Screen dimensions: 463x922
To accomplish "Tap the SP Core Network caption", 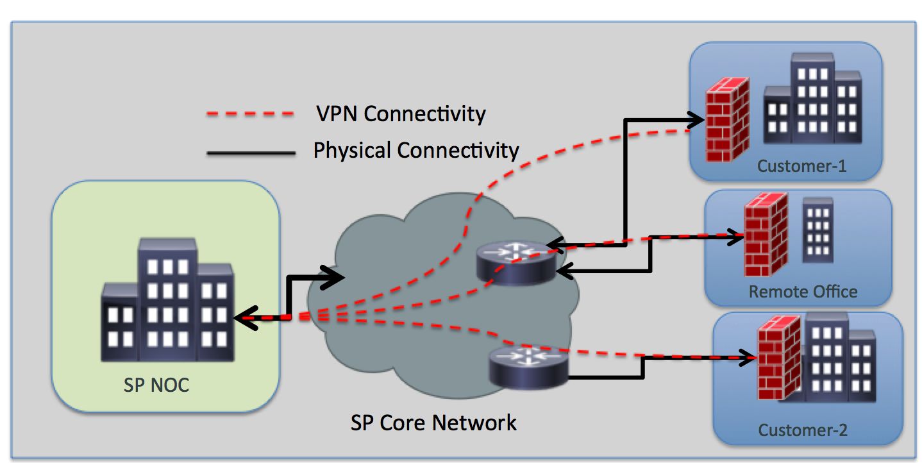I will [433, 423].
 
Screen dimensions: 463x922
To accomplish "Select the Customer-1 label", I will [801, 166].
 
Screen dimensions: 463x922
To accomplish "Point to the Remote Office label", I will [803, 292].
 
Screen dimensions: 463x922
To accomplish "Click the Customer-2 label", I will [803, 429].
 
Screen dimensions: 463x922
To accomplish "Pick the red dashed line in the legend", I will [250, 115].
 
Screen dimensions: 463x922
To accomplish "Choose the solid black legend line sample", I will [250, 153].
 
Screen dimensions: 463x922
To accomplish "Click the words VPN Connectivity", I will [401, 114].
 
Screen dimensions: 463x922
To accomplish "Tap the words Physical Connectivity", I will [416, 151].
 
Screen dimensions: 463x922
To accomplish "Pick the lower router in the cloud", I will [528, 368].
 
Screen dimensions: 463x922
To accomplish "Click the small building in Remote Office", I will [817, 230].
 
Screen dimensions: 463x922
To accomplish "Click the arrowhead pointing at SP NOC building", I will [244, 317].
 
